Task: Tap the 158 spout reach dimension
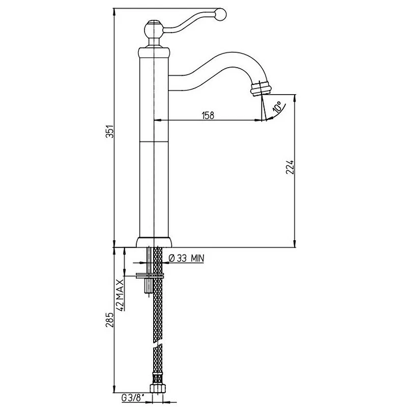click(x=208, y=115)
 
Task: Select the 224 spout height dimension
click(x=290, y=167)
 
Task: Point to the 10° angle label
click(x=277, y=107)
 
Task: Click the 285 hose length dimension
click(x=110, y=319)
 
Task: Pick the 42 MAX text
click(x=120, y=295)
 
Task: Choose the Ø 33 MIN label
click(x=186, y=258)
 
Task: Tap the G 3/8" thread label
click(x=133, y=398)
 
